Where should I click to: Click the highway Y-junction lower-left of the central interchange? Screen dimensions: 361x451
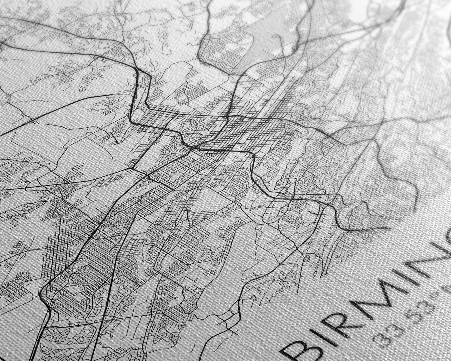tap(147, 175)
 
